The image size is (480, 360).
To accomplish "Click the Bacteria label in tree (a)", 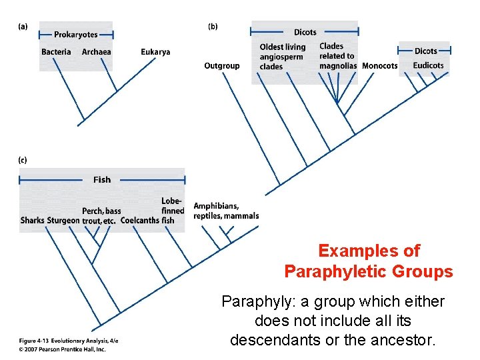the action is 56,52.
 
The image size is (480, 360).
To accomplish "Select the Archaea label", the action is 97,52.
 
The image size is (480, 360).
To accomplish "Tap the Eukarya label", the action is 155,52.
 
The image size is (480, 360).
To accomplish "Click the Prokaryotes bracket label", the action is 75,35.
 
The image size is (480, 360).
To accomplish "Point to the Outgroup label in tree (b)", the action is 221,66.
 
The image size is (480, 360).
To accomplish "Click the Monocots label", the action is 379,66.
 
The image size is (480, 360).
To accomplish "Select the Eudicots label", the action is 428,65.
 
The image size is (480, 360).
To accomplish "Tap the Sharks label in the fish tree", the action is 32,220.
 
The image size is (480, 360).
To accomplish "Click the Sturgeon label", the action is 63,220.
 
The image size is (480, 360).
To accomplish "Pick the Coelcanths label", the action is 140,220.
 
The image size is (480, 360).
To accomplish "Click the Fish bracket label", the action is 102,179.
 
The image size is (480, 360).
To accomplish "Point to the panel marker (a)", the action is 23,27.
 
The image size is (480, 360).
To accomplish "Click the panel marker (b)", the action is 213,27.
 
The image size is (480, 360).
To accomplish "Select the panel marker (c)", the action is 23,160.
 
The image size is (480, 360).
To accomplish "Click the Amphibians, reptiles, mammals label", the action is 225,211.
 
